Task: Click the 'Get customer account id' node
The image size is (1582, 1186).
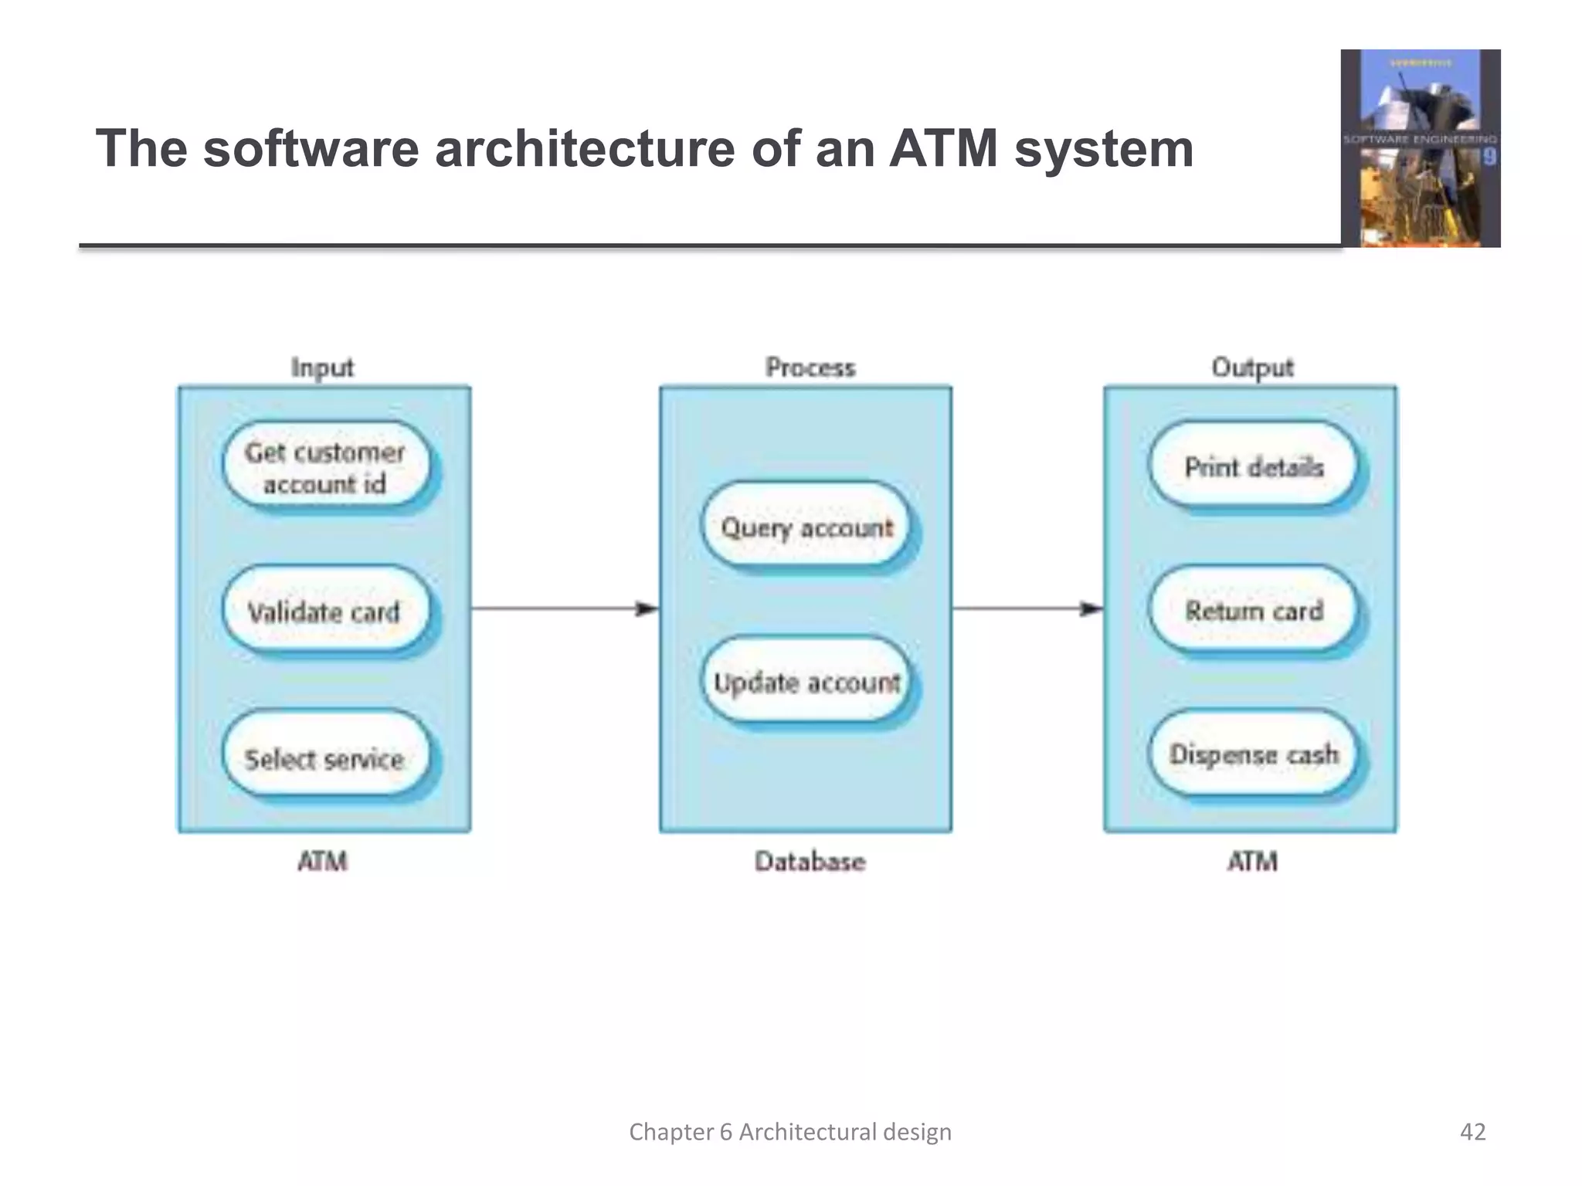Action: [325, 466]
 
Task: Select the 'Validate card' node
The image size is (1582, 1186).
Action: [324, 612]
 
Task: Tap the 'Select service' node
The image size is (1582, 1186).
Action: [324, 757]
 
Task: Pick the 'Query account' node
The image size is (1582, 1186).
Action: [806, 527]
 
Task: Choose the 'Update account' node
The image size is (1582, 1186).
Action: [806, 682]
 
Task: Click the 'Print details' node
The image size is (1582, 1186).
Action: [1253, 466]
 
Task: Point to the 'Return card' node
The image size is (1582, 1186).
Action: [1253, 610]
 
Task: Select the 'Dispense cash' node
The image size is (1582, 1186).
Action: [1253, 754]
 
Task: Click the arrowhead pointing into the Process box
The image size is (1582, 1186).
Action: [647, 609]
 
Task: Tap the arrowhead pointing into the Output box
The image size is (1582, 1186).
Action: [1091, 609]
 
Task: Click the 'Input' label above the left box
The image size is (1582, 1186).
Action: [322, 368]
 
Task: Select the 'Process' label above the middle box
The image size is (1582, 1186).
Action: [810, 368]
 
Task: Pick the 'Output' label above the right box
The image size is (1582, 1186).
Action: [1252, 368]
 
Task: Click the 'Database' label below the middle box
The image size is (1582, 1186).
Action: [810, 861]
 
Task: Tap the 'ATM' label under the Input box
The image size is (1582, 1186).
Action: [322, 861]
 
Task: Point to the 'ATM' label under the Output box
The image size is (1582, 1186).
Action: [1252, 861]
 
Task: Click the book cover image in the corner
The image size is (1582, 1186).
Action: [1421, 148]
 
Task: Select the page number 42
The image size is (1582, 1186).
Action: [1472, 1132]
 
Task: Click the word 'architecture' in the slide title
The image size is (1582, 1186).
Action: [585, 148]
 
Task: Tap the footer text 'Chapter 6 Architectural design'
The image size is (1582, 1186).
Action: [790, 1132]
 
